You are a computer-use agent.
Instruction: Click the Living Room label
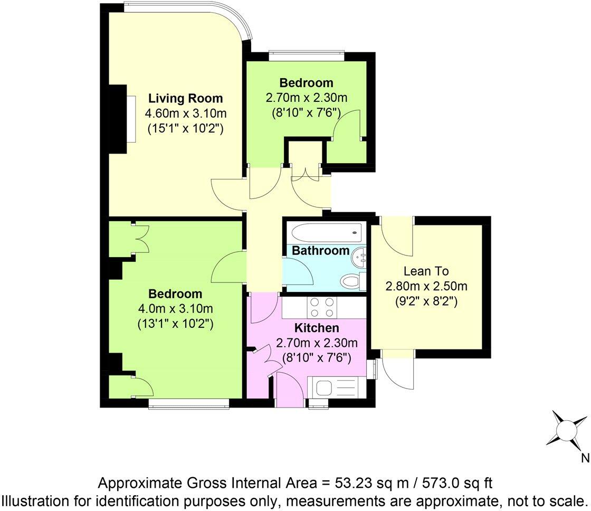point(185,98)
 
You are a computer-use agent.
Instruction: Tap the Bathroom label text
point(321,250)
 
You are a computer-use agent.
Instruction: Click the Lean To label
point(426,271)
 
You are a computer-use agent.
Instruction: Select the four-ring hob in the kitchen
point(322,306)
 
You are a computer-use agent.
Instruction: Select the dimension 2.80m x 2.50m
point(426,287)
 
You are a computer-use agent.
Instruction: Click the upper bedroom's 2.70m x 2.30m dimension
point(306,98)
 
